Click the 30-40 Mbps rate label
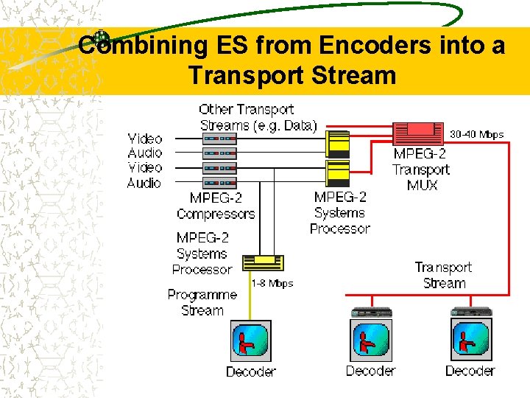click(x=476, y=134)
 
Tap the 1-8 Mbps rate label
click(x=272, y=283)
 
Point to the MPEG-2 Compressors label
click(x=216, y=206)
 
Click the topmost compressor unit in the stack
click(x=219, y=139)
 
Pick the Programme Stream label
click(x=202, y=302)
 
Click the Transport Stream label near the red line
click(x=444, y=275)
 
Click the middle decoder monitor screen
click(x=371, y=341)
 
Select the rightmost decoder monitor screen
click(x=470, y=341)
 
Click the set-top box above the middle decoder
click(x=371, y=311)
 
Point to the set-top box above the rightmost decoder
click(x=470, y=311)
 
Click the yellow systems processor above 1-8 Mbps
click(x=263, y=262)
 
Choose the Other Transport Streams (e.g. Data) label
click(x=258, y=118)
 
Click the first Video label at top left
click(x=145, y=139)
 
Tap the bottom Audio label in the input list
click(x=145, y=183)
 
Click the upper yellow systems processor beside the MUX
click(x=338, y=143)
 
